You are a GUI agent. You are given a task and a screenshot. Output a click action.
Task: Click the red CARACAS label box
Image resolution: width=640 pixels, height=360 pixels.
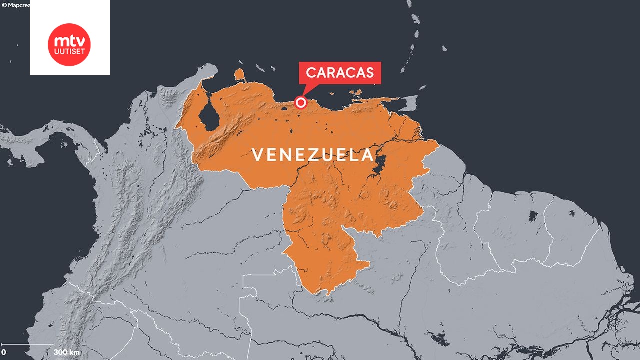(x=340, y=73)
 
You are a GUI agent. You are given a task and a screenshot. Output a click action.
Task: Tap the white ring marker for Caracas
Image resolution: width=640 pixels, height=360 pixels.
(x=301, y=102)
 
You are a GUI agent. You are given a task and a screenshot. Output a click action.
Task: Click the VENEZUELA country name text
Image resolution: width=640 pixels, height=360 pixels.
(x=313, y=155)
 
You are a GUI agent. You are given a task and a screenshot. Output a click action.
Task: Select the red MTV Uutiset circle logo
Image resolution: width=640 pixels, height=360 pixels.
(x=69, y=44)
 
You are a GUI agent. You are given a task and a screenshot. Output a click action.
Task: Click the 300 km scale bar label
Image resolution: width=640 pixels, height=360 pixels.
(x=67, y=352)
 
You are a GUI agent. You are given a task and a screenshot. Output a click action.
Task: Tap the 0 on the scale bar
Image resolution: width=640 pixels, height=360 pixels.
(x=4, y=352)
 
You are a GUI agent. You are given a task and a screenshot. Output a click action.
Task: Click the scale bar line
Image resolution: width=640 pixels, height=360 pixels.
(x=28, y=344)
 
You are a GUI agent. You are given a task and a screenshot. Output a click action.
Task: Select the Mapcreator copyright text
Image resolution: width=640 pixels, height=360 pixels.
(x=15, y=5)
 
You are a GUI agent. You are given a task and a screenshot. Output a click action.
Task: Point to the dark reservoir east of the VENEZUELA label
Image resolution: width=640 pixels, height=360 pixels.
(x=378, y=165)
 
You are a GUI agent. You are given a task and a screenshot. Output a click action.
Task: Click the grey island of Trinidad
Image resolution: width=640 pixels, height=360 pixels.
(x=410, y=103)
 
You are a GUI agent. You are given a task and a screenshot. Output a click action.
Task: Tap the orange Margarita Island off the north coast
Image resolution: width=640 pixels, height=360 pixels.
(x=356, y=92)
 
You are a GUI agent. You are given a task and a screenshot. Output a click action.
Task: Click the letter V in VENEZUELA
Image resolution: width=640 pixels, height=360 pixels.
(x=257, y=155)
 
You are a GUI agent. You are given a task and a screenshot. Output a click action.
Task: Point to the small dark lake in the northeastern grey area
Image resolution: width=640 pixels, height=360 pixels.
(x=533, y=216)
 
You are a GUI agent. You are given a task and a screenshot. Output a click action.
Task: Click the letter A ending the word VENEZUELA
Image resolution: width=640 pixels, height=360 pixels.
(x=367, y=155)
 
